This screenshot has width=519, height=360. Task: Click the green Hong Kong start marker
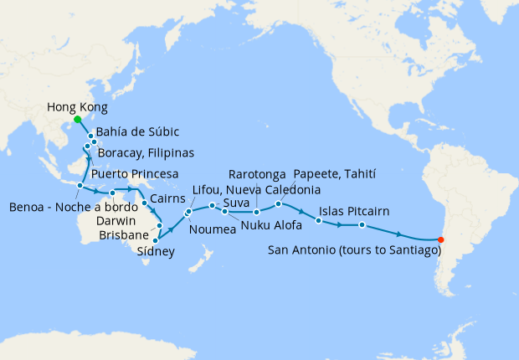point(77,120)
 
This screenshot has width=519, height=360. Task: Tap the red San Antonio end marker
point(441,241)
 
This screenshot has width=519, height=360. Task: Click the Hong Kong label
point(77,107)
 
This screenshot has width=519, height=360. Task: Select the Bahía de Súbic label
point(138,132)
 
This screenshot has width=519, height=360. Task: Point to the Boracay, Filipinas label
point(146,153)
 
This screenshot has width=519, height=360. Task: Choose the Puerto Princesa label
point(135,174)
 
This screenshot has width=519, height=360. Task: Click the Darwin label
point(119,221)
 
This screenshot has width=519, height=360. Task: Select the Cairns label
point(170,202)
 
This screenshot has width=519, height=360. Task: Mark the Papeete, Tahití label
point(335,174)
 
